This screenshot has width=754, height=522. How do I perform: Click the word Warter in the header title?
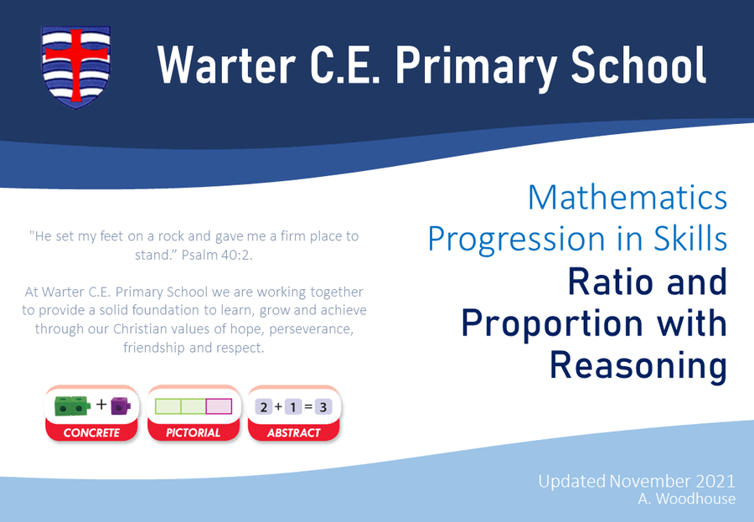coord(226,65)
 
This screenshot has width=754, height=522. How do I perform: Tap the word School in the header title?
coord(638,65)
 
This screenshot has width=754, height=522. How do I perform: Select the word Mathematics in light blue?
coord(627,197)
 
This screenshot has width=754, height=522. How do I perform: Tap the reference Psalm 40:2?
coord(217,255)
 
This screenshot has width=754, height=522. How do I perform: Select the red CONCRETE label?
coord(91,432)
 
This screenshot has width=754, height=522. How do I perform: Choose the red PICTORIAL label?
coord(193,432)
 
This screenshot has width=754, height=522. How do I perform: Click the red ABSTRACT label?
coord(293,432)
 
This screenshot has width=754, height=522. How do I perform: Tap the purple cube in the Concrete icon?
coord(120,406)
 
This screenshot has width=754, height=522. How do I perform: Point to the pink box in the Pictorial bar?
coord(219,406)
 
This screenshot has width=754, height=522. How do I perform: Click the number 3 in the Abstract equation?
coord(323,407)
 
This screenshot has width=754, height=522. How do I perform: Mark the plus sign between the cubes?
coord(101,404)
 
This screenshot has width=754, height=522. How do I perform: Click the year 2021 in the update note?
coord(715,481)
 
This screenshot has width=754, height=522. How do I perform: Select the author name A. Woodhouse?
coord(687,499)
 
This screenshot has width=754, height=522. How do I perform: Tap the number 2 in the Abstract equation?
coord(264,407)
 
